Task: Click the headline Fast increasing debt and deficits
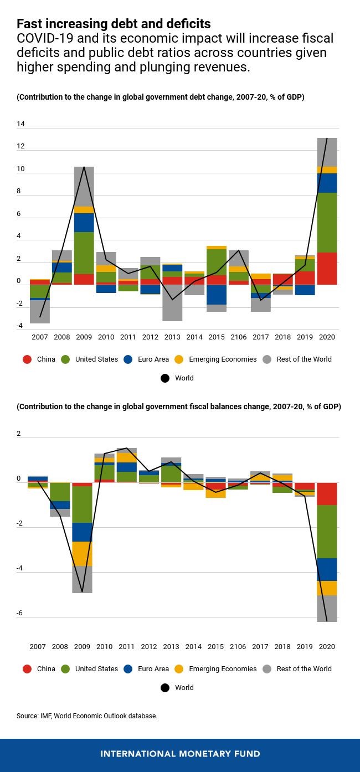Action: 114,24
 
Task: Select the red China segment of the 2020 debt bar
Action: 327,269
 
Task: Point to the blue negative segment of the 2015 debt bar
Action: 217,295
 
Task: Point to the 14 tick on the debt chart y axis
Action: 20,125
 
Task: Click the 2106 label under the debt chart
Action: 238,337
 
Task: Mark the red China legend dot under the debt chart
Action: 27,359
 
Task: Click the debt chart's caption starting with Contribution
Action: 161,97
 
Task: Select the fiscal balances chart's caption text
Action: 179,406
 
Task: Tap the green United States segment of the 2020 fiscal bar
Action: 327,532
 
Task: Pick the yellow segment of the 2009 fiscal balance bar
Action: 82,554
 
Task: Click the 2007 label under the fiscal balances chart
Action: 38,646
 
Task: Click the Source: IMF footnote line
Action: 87,716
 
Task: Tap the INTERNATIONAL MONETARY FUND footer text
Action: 180,754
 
